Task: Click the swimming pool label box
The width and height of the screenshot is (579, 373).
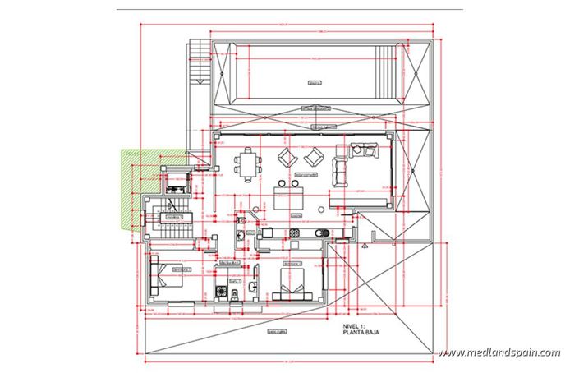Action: pos(311,82)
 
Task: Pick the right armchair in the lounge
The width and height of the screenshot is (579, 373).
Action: pos(313,157)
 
